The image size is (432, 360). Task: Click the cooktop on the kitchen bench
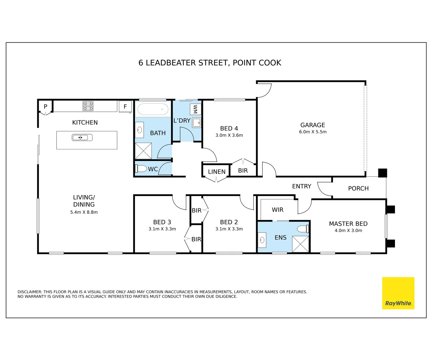pyautogui.click(x=88, y=106)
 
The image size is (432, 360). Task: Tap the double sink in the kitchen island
pyautogui.click(x=82, y=137)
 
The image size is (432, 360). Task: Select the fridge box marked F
pyautogui.click(x=125, y=107)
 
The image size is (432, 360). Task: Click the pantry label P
pyautogui.click(x=46, y=106)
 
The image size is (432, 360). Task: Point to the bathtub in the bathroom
pyautogui.click(x=153, y=109)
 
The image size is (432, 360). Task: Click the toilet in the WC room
pyautogui.click(x=141, y=168)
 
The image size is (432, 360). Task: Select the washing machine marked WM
pyautogui.click(x=195, y=109)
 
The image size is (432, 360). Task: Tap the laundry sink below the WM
pyautogui.click(x=196, y=123)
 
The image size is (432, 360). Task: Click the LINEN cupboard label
pyautogui.click(x=217, y=172)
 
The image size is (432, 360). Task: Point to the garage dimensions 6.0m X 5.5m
pyautogui.click(x=313, y=132)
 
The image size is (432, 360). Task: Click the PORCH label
pyautogui.click(x=358, y=188)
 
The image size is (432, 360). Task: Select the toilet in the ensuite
pyautogui.click(x=303, y=229)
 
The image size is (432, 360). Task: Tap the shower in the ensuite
pyautogui.click(x=300, y=244)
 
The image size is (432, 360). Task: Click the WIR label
pyautogui.click(x=277, y=210)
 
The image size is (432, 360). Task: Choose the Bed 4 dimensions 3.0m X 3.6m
pyautogui.click(x=229, y=135)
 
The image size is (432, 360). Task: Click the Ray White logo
pyautogui.click(x=398, y=293)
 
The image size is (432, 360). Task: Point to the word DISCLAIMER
pyautogui.click(x=30, y=292)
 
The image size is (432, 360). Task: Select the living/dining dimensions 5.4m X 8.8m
pyautogui.click(x=84, y=212)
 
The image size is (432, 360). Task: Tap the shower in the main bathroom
pyautogui.click(x=143, y=151)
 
